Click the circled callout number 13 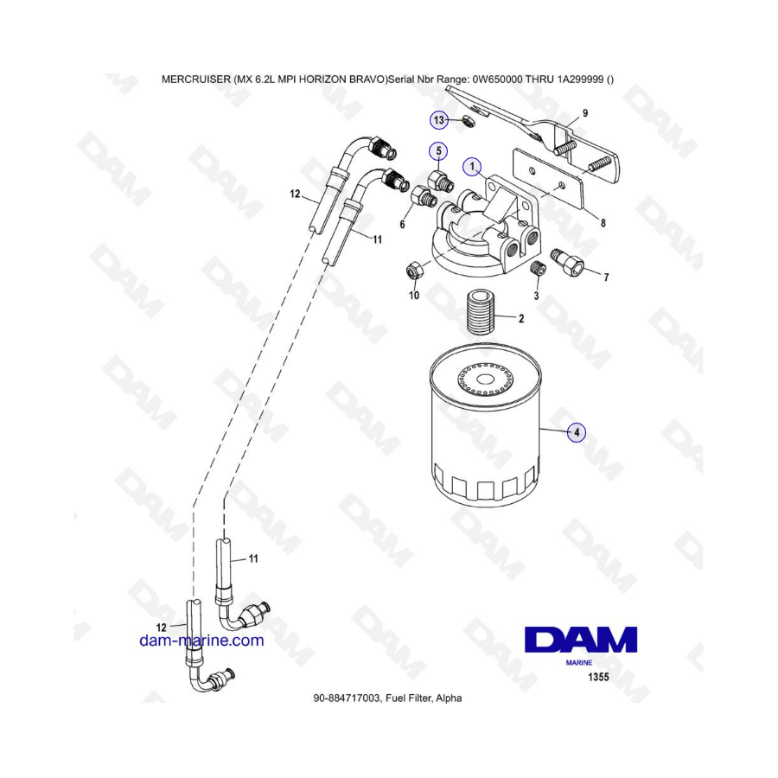point(438,120)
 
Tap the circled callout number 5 point(438,150)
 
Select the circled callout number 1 point(472,167)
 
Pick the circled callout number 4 point(577,432)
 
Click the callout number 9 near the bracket point(585,113)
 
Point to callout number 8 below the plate point(603,223)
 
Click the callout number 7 point(606,277)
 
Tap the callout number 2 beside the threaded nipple point(521,318)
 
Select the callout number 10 point(414,296)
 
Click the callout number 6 point(402,224)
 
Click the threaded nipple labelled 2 point(479,313)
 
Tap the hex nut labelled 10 point(414,271)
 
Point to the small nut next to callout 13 point(469,120)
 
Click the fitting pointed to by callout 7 point(566,262)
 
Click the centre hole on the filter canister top point(484,380)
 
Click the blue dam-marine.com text point(201,641)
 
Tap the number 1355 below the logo point(598,677)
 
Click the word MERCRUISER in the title point(195,80)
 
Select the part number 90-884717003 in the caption point(348,698)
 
